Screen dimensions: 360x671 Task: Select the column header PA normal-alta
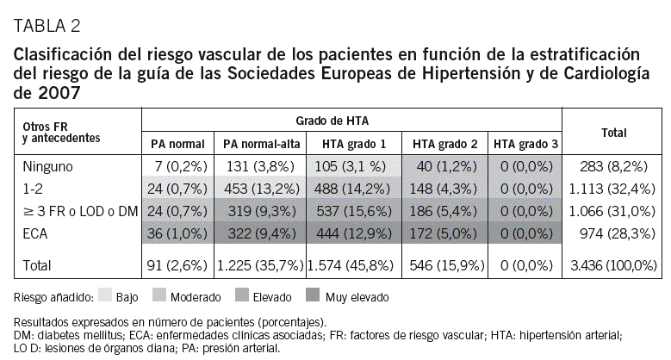260,142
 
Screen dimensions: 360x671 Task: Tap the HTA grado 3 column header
523,142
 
